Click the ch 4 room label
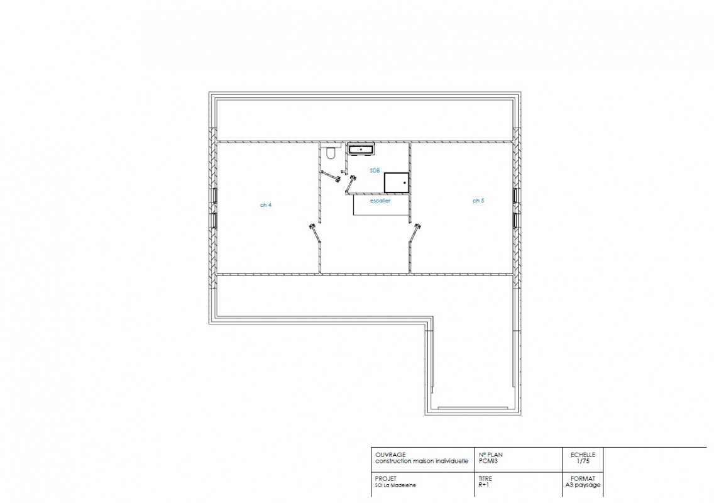click(x=265, y=205)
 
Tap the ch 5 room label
click(x=478, y=201)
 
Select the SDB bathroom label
click(x=375, y=171)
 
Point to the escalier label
click(x=380, y=201)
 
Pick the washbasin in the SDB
click(x=361, y=149)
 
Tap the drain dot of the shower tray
click(x=404, y=183)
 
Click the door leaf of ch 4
click(x=315, y=233)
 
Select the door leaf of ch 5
click(x=415, y=233)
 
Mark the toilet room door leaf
click(x=330, y=176)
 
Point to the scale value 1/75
click(x=583, y=461)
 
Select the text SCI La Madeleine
click(x=395, y=485)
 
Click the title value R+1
click(x=483, y=485)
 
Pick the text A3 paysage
click(x=583, y=485)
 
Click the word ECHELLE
click(x=583, y=455)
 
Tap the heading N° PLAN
click(x=491, y=455)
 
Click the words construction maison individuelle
click(x=422, y=461)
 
